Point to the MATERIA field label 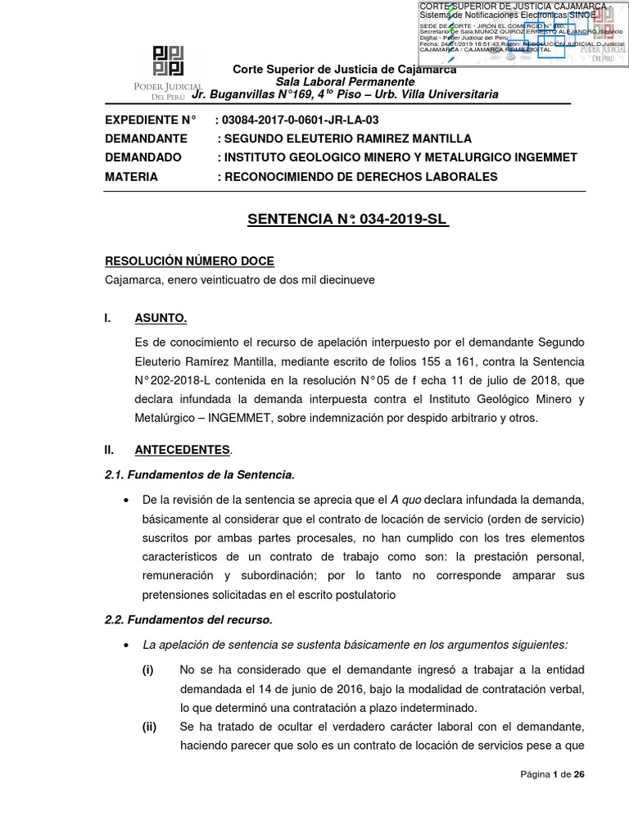click(132, 177)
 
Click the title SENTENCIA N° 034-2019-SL click(348, 220)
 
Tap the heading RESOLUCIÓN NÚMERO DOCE click(189, 261)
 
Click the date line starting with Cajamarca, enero click(240, 279)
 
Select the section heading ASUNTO click(161, 318)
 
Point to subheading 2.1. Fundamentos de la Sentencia click(199, 474)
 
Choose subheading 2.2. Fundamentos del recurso click(188, 619)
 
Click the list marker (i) click(147, 669)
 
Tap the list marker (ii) click(149, 726)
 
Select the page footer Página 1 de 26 click(553, 774)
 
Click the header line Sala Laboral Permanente click(345, 82)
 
